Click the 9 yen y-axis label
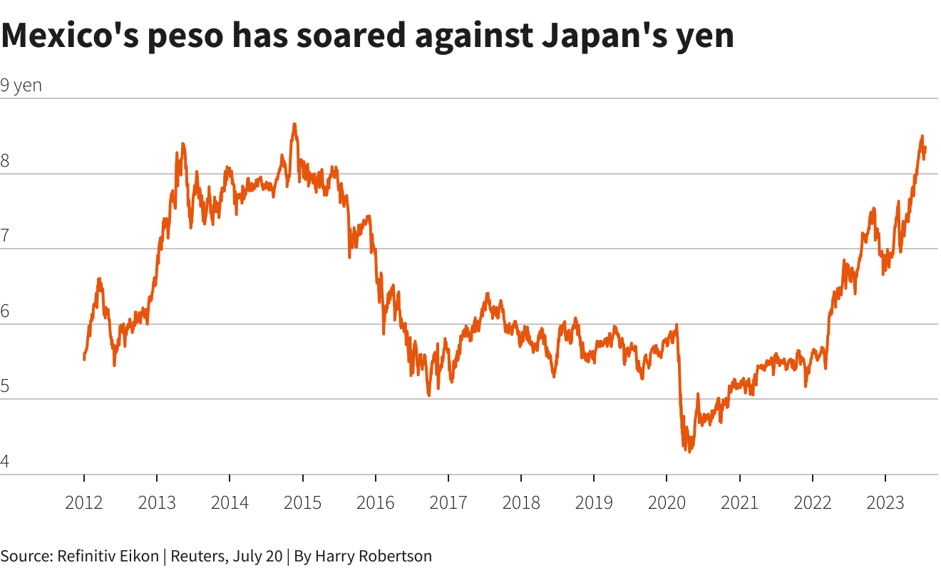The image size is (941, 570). (x=21, y=85)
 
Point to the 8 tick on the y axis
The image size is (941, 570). (x=5, y=161)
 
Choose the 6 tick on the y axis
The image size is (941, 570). (x=5, y=311)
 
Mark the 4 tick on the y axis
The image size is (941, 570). (x=5, y=462)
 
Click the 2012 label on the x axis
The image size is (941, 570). (x=84, y=503)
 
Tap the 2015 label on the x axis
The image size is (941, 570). (x=302, y=503)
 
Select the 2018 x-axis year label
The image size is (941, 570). (x=521, y=503)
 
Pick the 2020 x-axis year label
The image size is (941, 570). (x=667, y=503)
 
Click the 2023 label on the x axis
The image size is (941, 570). (x=885, y=503)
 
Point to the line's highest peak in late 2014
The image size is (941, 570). (x=294, y=125)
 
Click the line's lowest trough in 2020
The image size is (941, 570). (x=689, y=452)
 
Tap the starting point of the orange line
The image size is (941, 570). (x=84, y=359)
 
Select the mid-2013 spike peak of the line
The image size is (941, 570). (x=182, y=144)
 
